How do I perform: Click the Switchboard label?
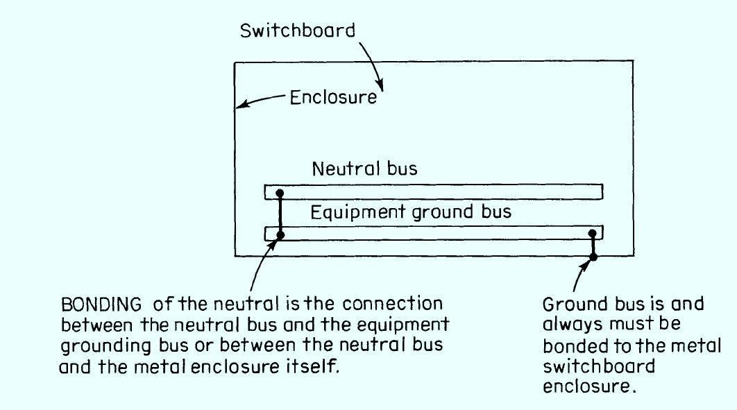tap(298, 31)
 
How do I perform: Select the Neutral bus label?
tap(364, 169)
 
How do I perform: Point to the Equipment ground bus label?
tap(410, 211)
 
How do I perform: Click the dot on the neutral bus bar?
tap(279, 194)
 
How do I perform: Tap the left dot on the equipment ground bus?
tap(280, 235)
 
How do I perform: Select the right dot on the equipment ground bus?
tap(592, 234)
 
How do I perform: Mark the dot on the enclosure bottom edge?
tap(593, 257)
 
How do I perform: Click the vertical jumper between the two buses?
tap(280, 214)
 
